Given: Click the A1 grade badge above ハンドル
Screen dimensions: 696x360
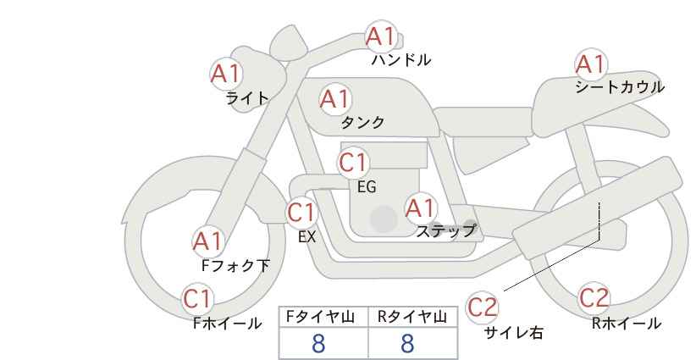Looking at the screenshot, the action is (381, 36).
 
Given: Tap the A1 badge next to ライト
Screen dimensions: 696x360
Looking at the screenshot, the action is (225, 74).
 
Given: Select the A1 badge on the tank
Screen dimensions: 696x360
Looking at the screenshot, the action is (335, 99).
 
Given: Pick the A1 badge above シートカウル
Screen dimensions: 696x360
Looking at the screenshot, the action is (591, 64).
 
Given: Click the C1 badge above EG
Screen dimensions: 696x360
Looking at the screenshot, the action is (353, 163).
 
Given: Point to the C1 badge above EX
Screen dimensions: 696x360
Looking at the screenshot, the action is (301, 212).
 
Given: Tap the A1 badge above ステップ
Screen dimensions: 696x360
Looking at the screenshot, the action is (420, 208).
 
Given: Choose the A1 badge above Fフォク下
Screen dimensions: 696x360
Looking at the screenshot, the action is (207, 242).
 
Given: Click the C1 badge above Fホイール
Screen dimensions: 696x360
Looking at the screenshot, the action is (197, 299).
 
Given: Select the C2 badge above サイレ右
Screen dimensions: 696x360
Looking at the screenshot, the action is (482, 307).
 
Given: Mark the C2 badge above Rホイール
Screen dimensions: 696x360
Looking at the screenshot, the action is (594, 298).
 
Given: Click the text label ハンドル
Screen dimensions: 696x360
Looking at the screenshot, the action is (401, 60).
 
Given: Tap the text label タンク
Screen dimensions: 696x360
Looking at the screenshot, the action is (362, 122).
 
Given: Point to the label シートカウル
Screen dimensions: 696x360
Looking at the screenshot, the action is (620, 87).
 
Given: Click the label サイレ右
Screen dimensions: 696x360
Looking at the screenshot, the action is (514, 333).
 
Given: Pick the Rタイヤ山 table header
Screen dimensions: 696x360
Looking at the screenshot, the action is (412, 318).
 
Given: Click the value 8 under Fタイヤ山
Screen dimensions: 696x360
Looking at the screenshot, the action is (318, 344).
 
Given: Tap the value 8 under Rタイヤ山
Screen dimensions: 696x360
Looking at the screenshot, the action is (407, 344).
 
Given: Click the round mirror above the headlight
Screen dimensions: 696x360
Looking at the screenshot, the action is (289, 42).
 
